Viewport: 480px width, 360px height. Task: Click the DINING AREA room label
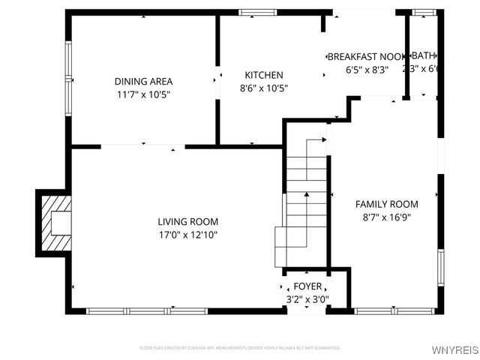point(143,81)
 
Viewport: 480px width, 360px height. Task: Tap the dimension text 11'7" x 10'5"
point(143,94)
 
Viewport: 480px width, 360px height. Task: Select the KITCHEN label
point(264,75)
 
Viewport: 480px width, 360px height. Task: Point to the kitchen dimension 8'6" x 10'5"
point(264,88)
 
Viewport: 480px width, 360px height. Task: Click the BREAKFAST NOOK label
point(367,57)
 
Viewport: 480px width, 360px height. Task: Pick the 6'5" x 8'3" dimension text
point(367,70)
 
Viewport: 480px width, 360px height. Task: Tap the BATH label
point(424,55)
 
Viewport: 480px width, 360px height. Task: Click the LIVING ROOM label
point(187,221)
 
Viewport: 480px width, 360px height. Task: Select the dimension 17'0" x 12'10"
point(187,235)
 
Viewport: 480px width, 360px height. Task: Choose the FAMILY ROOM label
point(386,204)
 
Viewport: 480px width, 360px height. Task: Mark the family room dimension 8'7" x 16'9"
point(386,217)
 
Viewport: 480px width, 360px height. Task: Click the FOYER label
point(307,286)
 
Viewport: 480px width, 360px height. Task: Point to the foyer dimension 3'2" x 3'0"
point(307,299)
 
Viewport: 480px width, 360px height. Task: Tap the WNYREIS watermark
point(455,350)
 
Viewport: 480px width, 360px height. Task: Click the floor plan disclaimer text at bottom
point(240,348)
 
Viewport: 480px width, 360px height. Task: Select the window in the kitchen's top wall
point(258,12)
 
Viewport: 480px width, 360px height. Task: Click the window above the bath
point(425,12)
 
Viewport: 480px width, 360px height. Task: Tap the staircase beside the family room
point(307,202)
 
